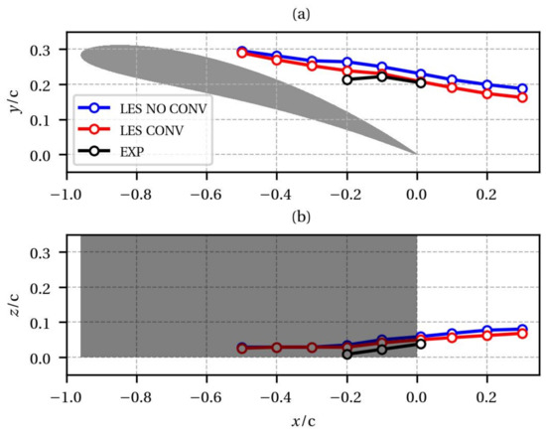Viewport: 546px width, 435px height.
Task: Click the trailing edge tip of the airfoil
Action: pos(415,154)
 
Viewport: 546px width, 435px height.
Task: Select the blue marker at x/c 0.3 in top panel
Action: pos(521,89)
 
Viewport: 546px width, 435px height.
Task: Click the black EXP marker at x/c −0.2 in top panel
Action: pos(346,79)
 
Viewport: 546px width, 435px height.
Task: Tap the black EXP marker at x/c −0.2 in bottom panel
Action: pos(346,354)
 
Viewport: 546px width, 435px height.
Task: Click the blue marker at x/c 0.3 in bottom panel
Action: pos(521,329)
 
